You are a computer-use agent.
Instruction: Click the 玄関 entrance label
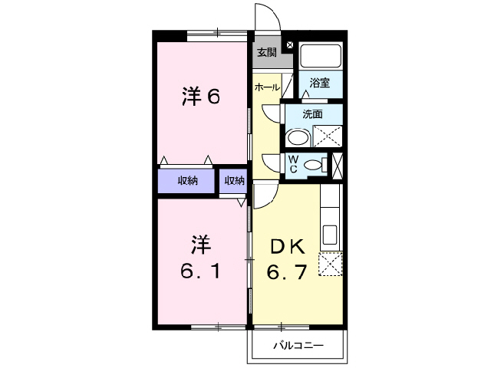pos(266,53)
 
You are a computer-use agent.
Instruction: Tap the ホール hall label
pos(266,87)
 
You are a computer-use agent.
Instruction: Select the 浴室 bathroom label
pos(320,83)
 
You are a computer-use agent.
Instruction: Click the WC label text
pos(293,163)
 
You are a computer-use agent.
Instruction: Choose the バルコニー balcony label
pos(298,346)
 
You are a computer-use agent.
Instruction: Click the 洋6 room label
pos(201,97)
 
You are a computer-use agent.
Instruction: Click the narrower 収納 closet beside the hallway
pos(234,181)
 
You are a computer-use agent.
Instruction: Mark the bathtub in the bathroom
pos(321,56)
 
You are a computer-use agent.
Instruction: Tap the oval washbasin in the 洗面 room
pos(297,138)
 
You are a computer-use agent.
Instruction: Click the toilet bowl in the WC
pos(314,164)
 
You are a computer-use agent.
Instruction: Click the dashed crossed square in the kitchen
pos(330,264)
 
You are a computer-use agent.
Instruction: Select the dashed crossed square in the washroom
pos(328,136)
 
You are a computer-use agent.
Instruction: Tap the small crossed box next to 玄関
pos(289,45)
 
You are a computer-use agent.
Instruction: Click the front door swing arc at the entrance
pos(266,17)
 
